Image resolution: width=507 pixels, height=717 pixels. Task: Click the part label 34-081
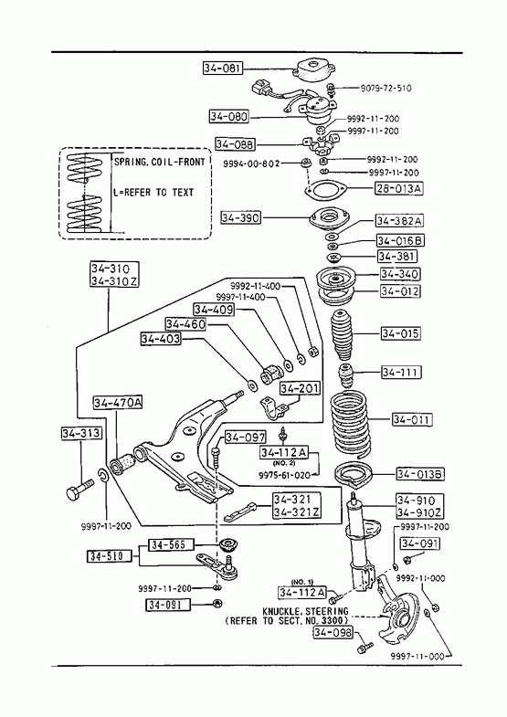coord(222,69)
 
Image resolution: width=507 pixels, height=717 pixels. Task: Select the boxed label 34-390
coord(240,217)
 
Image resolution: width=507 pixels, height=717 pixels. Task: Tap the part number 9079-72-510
coord(386,88)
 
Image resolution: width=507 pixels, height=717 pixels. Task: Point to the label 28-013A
coord(398,188)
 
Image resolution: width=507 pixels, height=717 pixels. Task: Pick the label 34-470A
coord(118,403)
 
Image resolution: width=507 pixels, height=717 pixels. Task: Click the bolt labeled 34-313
coord(79,490)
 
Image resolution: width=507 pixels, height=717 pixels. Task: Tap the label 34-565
coord(171,544)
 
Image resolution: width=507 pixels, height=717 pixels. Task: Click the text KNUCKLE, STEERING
coord(305,611)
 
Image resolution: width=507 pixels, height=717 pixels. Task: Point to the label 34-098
coord(333,632)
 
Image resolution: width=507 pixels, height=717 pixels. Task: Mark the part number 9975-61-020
coord(284,475)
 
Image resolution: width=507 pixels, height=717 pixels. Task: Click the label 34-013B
coord(419,474)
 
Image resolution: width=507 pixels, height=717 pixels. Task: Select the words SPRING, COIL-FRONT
coord(160,162)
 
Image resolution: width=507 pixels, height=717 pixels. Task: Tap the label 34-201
coord(300,388)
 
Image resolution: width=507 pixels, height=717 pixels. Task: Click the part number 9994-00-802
coord(251,163)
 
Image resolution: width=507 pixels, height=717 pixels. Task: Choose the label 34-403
coord(161,338)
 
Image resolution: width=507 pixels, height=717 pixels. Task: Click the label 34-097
coord(245,438)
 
